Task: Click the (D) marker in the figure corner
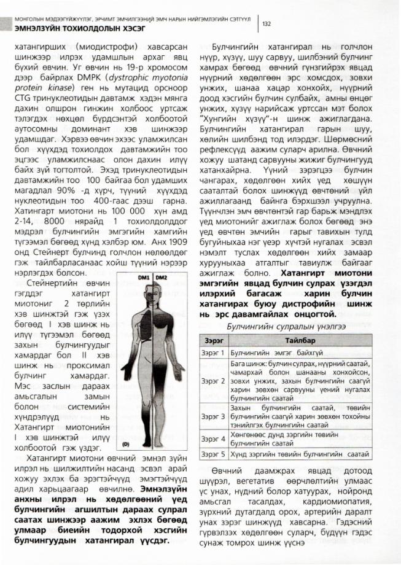(125, 443)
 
